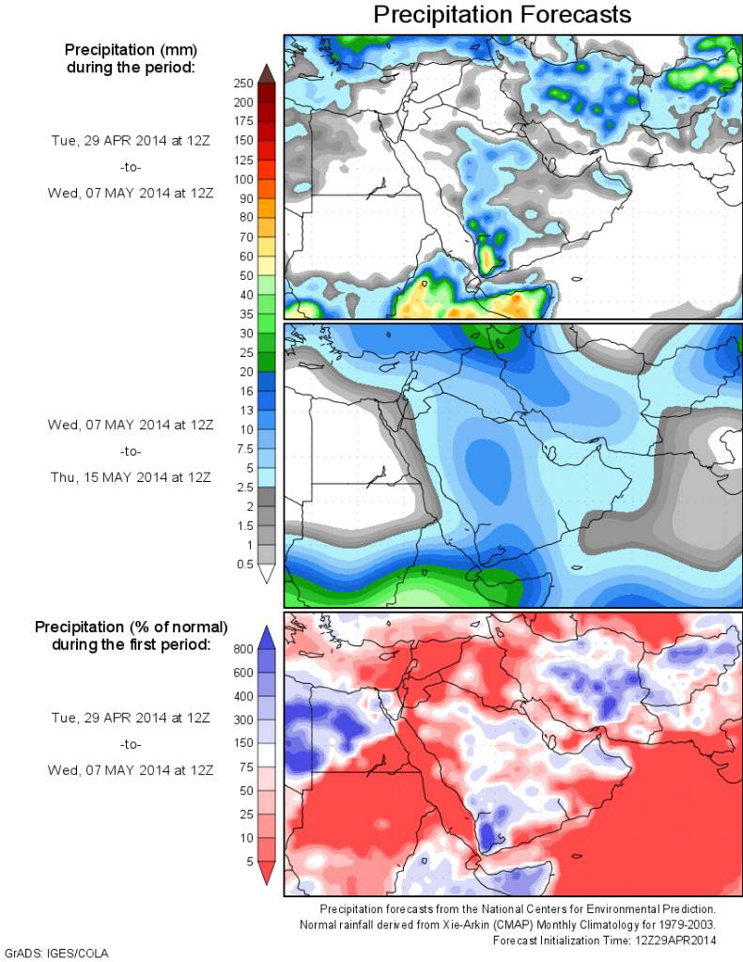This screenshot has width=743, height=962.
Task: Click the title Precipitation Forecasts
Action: tap(502, 15)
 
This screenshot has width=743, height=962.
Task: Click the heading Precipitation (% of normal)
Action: tap(132, 627)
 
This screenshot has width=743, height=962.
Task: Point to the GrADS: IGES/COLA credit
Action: tap(56, 953)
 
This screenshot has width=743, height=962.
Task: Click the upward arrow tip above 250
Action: tap(266, 70)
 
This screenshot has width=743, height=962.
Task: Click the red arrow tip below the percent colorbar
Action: tap(266, 877)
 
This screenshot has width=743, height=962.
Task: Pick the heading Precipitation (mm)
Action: tap(132, 49)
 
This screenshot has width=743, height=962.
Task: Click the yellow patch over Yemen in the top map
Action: tap(488, 254)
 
